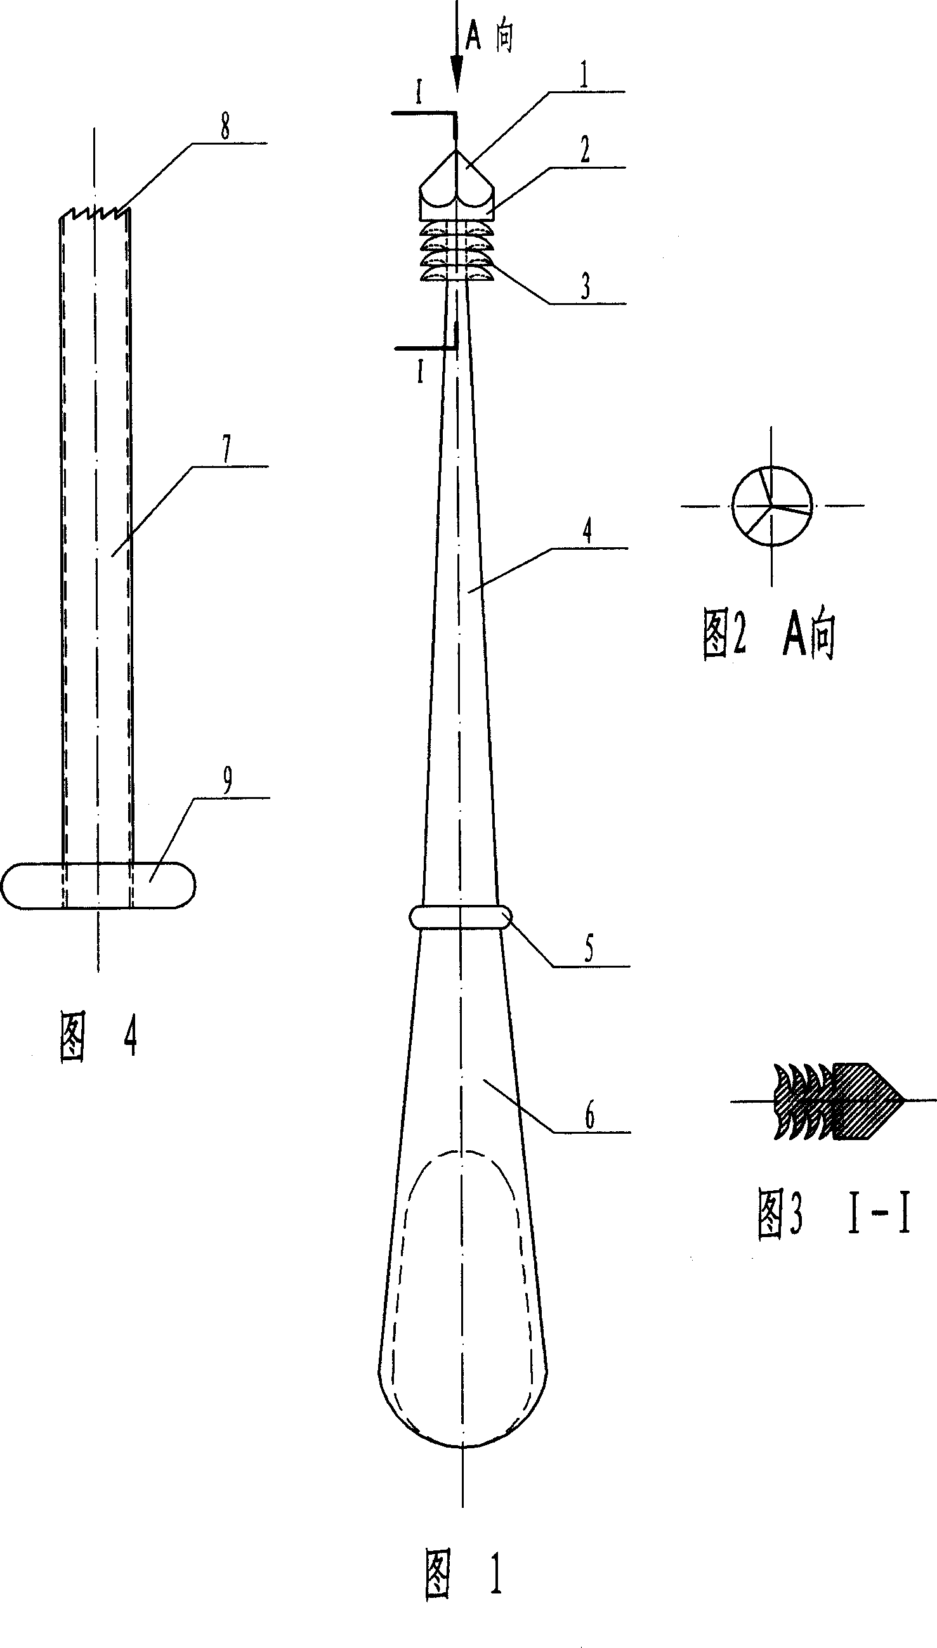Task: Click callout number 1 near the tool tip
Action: (584, 77)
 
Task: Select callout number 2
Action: (584, 151)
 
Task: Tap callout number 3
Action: (585, 286)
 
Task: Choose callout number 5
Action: (588, 949)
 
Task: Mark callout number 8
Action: (225, 127)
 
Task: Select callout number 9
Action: (227, 782)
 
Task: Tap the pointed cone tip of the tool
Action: (456, 154)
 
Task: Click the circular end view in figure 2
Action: (771, 506)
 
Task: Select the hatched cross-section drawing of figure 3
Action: (837, 1101)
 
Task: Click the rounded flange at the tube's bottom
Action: (98, 885)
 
